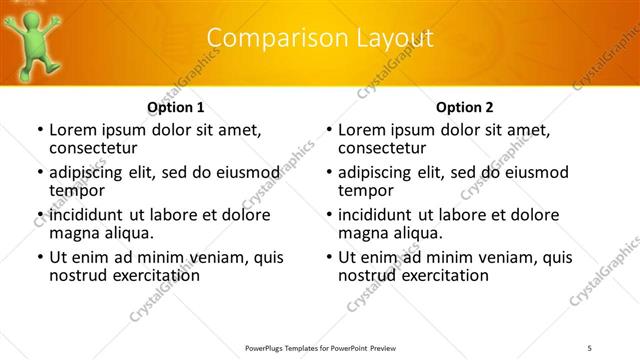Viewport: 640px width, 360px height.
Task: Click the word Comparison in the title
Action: tap(271, 38)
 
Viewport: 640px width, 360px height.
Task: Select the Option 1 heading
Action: tap(176, 107)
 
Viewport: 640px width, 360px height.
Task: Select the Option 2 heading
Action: tap(465, 107)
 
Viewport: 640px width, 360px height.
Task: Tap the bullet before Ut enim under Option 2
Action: tap(327, 257)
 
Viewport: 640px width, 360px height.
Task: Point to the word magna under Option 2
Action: tap(364, 233)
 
